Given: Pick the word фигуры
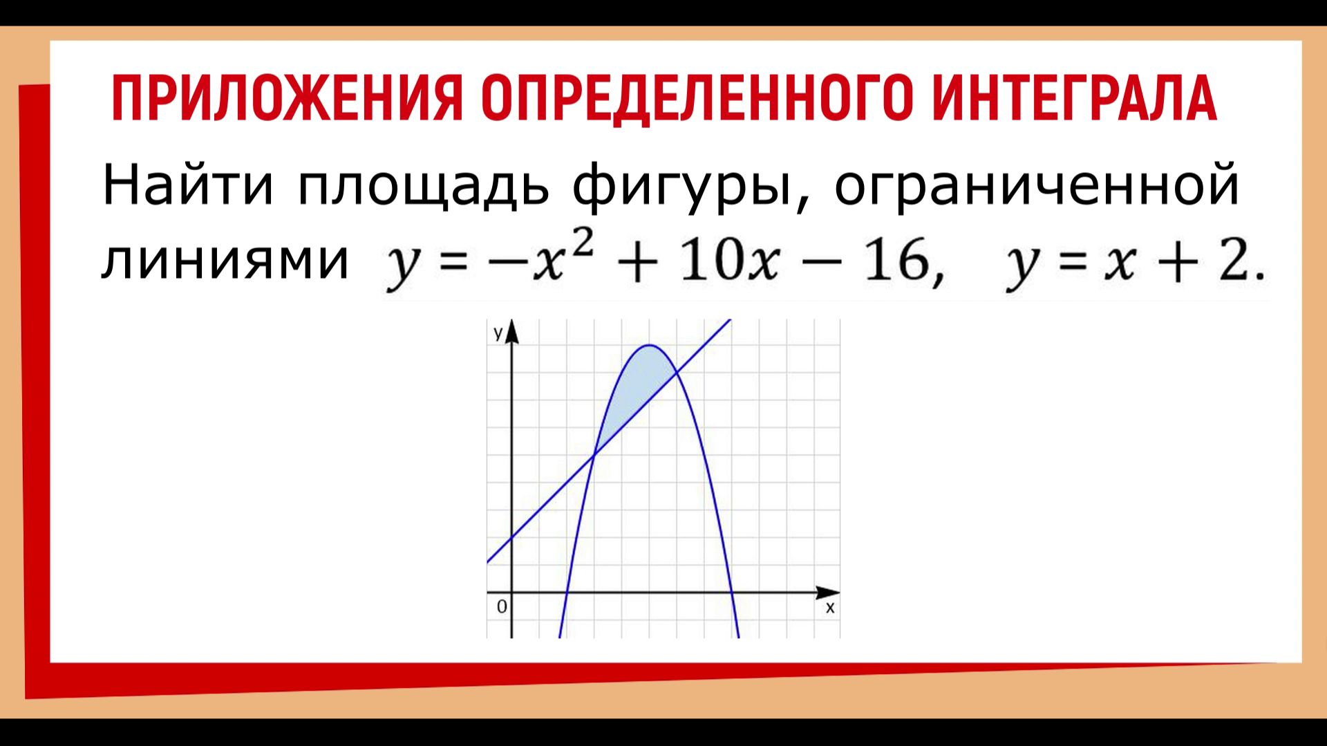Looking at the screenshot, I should (x=681, y=187).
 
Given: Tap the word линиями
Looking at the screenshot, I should (x=225, y=261).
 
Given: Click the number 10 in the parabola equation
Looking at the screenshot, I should (x=711, y=263).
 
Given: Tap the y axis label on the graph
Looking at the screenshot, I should (x=498, y=333).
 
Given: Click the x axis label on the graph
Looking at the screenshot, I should (x=830, y=608).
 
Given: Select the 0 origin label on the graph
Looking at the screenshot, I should (x=502, y=607).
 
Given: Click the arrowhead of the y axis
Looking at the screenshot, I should (x=512, y=333).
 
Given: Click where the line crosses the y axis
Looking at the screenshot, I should (x=512, y=538).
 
